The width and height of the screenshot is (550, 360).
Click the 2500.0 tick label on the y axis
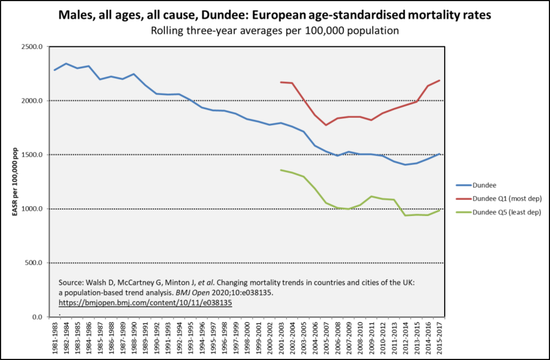[32, 47]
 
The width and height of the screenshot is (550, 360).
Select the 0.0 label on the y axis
[37, 317]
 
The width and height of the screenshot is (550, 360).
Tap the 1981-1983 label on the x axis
[55, 337]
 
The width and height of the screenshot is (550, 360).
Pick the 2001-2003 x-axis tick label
[281, 337]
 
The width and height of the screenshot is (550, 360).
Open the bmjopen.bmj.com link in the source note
[145, 303]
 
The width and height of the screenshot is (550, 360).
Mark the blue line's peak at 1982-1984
[66, 64]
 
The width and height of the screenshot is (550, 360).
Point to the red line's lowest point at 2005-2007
[326, 125]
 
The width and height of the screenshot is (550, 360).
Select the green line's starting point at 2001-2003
[281, 170]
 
